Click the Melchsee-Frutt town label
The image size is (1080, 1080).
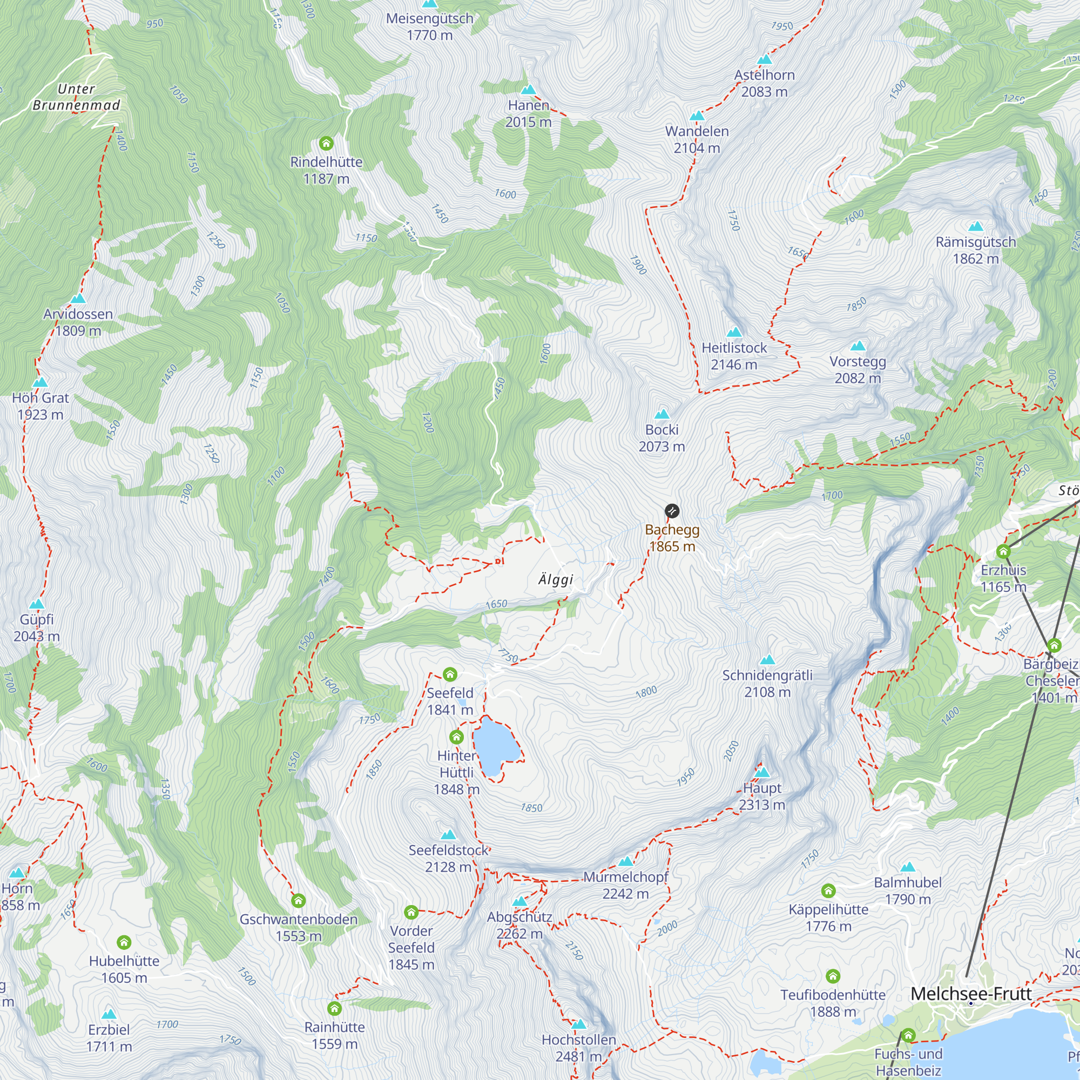click(x=971, y=994)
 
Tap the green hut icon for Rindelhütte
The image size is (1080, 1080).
click(x=327, y=144)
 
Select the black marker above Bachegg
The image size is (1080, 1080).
click(x=672, y=510)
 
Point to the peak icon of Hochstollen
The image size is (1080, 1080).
click(x=578, y=1024)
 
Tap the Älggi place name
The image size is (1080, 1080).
click(x=556, y=579)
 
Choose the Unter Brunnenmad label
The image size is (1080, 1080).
click(x=76, y=97)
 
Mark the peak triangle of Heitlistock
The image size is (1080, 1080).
click(x=734, y=333)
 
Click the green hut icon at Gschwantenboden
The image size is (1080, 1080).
click(x=299, y=901)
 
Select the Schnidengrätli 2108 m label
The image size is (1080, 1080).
click(x=767, y=683)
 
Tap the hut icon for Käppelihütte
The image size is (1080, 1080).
click(x=828, y=890)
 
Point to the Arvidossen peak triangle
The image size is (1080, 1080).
click(x=78, y=299)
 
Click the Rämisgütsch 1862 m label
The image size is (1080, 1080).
click(x=975, y=250)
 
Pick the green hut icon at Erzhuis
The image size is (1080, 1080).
click(x=1003, y=552)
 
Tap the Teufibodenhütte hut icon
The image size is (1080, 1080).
click(x=833, y=976)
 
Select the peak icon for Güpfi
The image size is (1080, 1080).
click(x=36, y=604)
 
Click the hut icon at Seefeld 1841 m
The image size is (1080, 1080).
click(x=450, y=674)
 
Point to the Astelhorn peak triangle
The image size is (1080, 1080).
click(x=764, y=59)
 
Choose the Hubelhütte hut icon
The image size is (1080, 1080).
click(x=124, y=942)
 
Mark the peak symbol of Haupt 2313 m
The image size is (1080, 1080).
click(x=762, y=773)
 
